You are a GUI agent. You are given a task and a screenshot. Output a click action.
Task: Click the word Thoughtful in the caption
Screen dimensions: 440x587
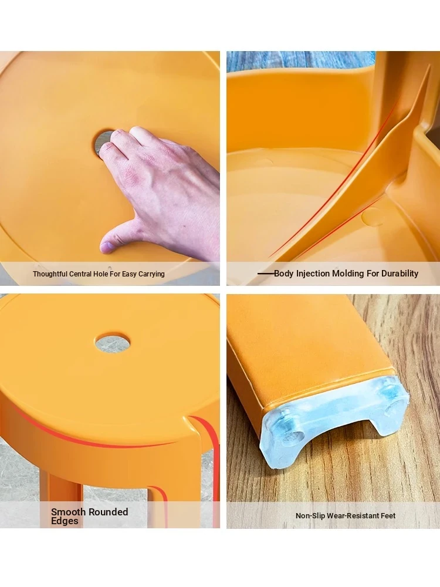click(50, 274)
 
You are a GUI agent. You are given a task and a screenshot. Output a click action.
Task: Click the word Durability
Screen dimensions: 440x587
click(400, 274)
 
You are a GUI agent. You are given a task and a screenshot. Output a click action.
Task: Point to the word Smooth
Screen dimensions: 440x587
click(67, 512)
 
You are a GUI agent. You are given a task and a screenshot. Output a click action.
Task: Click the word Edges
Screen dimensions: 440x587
click(65, 521)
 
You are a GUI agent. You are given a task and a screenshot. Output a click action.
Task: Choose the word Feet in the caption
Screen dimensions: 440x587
click(388, 515)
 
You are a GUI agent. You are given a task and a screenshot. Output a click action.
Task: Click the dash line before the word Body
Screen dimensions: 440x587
click(266, 274)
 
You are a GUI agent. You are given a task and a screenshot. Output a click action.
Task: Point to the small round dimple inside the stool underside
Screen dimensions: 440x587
click(373, 217)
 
